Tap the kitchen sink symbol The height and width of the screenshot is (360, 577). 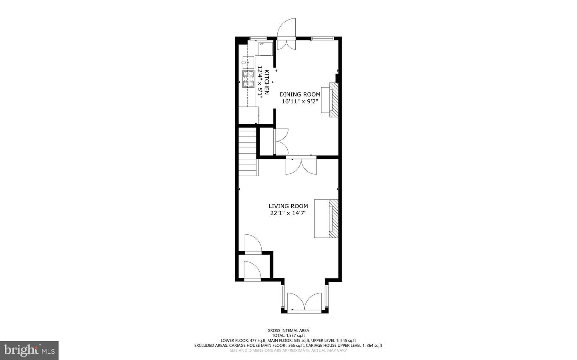[x=248, y=62]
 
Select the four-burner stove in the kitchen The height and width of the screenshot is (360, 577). [x=248, y=79]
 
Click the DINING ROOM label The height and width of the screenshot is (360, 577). [x=300, y=95]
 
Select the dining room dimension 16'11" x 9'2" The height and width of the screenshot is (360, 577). [x=300, y=102]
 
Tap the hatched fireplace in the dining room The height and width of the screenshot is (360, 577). [x=334, y=100]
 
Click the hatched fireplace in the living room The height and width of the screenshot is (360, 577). [x=334, y=219]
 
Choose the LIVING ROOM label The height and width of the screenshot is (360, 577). [x=288, y=206]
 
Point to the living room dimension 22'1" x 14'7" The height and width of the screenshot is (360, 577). [x=288, y=213]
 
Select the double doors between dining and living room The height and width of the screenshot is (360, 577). [x=301, y=165]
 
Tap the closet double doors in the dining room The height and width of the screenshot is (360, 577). [x=281, y=141]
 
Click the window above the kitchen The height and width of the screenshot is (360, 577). [x=258, y=38]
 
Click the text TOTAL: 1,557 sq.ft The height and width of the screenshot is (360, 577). [x=288, y=336]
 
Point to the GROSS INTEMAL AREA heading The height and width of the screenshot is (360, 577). [x=288, y=330]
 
